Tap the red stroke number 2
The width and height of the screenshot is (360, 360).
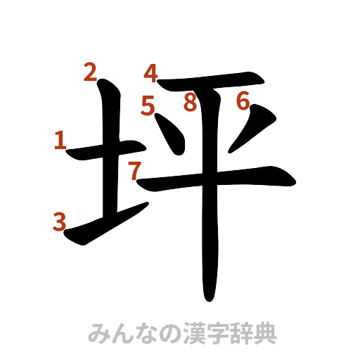tap(90, 72)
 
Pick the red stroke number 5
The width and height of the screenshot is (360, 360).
tap(148, 105)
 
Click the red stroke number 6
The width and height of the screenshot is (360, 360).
tap(243, 102)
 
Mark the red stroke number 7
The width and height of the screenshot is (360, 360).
tap(134, 169)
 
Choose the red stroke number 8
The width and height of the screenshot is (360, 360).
tap(189, 103)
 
